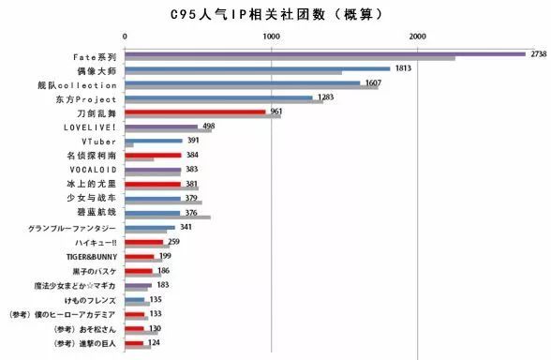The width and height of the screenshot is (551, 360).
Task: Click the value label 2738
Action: click(538, 54)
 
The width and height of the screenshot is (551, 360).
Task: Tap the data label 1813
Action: click(404, 68)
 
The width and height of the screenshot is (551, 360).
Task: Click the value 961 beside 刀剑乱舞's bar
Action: click(276, 112)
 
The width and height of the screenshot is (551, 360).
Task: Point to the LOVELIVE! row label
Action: click(90, 127)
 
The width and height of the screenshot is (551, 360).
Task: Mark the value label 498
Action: click(208, 126)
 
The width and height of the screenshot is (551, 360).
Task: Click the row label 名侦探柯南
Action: click(93, 155)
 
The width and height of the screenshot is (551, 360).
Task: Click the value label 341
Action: click(186, 227)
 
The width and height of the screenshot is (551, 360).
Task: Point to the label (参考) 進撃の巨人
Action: click(62, 344)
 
